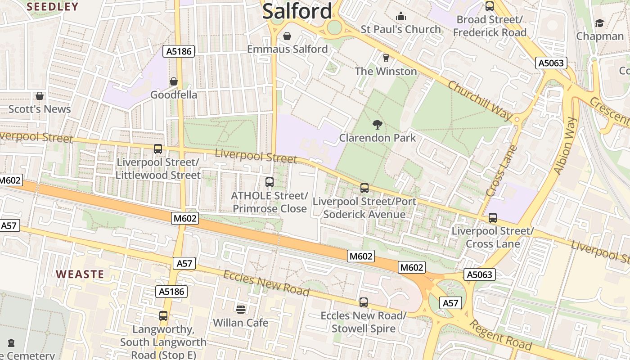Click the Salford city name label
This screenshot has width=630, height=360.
(297, 11)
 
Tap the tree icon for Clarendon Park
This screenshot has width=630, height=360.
(377, 125)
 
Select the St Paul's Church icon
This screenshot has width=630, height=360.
(400, 17)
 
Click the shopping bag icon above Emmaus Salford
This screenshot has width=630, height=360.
(287, 36)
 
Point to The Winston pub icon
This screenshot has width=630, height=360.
(385, 58)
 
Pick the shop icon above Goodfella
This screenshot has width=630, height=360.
(173, 82)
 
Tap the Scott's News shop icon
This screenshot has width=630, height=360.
(40, 96)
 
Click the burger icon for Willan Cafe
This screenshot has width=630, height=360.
(240, 310)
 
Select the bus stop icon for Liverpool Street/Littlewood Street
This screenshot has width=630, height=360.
(157, 149)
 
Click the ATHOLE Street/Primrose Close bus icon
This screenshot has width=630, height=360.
(269, 182)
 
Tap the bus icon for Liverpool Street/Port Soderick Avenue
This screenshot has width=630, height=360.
(364, 188)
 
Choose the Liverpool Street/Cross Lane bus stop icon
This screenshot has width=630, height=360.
(492, 218)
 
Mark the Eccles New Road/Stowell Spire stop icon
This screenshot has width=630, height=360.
(363, 302)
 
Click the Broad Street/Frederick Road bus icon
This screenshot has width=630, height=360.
(489, 6)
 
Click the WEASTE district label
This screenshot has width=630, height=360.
(80, 274)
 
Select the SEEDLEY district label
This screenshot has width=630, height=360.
(52, 7)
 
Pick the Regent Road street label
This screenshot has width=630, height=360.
(500, 336)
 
